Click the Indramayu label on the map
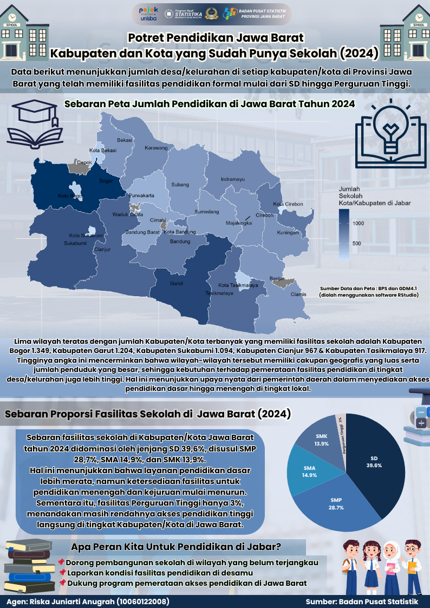[x=233, y=179]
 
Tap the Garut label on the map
[x=176, y=283]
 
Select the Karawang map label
[x=157, y=148]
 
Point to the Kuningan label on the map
[x=288, y=233]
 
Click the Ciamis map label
[x=298, y=295]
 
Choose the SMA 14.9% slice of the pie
[x=310, y=470]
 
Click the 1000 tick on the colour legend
[x=357, y=223]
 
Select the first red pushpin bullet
[x=61, y=563]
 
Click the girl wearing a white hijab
[x=390, y=563]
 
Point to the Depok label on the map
[x=84, y=162]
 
